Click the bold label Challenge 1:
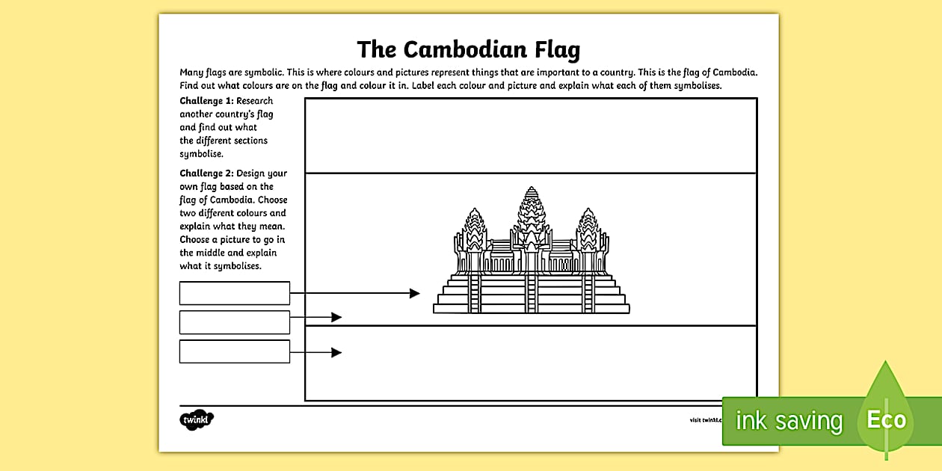coord(206,101)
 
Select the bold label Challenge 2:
coord(206,173)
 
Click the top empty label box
coord(234,293)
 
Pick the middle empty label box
coord(234,322)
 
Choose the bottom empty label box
coord(234,351)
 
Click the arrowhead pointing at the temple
coord(415,293)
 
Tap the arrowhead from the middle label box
coord(336,317)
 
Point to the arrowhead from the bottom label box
coord(336,352)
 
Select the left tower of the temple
coord(474,232)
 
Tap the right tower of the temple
coord(588,232)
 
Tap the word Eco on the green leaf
coord(886,419)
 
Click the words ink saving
coord(788,421)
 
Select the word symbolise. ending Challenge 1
coord(201,154)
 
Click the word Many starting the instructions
coord(191,73)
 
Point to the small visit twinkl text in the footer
coord(706,420)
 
